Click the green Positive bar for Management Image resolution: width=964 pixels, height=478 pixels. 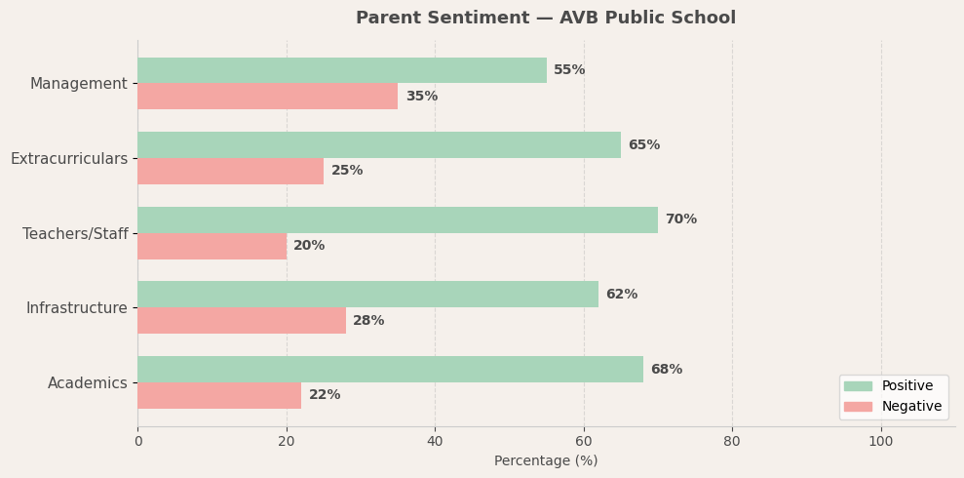pos(341,70)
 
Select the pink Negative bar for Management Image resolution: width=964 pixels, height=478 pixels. pos(267,97)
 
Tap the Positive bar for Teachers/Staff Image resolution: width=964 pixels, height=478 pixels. pos(397,219)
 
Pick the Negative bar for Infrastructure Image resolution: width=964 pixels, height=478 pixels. pos(241,321)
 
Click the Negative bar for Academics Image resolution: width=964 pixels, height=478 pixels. pos(219,395)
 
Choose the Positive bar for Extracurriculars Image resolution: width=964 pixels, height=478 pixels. pos(378,144)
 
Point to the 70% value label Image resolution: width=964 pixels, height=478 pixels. pos(680,219)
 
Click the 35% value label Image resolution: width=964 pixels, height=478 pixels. pos(421,97)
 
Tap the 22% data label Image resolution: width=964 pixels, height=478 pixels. pos(325,395)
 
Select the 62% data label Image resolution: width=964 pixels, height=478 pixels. pos(621,295)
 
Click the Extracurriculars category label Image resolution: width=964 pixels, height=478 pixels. pos(69,158)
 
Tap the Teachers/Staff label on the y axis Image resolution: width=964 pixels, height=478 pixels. pos(75,234)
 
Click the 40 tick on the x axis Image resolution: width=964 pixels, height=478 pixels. pos(435,441)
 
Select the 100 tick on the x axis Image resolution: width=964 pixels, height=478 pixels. pos(880,441)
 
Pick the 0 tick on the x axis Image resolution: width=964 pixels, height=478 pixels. pos(137,441)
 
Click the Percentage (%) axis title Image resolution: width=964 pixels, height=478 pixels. pos(546,460)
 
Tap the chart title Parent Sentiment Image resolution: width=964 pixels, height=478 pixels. pos(546,18)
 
